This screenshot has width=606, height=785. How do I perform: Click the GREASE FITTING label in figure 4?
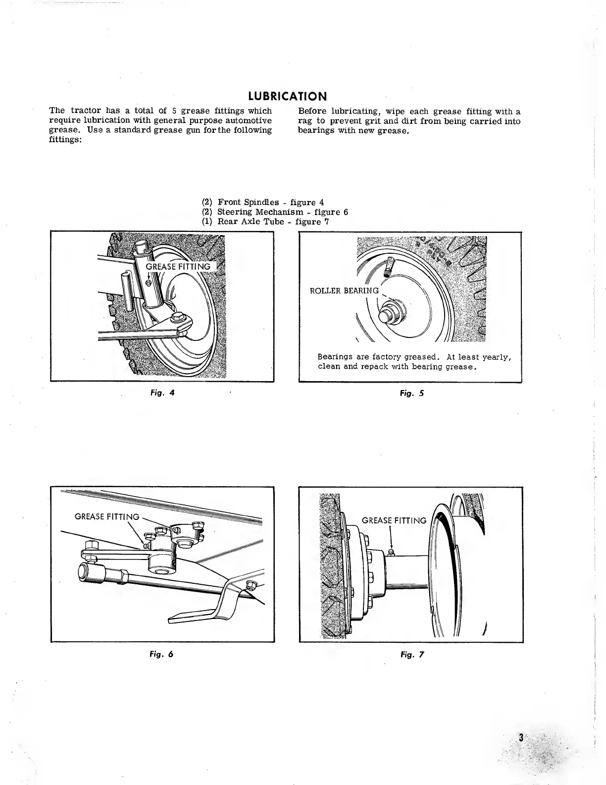point(178,267)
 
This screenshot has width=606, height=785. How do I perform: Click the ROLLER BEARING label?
point(344,290)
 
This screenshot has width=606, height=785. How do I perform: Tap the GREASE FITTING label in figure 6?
point(106,516)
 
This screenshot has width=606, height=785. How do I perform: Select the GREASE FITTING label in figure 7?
point(394,520)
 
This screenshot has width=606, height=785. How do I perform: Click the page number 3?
point(521,737)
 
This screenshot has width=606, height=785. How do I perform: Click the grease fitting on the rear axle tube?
point(391,552)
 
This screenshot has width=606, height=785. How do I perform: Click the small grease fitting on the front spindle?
point(150,282)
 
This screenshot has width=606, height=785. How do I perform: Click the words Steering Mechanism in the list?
point(260,212)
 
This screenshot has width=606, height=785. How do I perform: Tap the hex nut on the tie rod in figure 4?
point(177,315)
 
